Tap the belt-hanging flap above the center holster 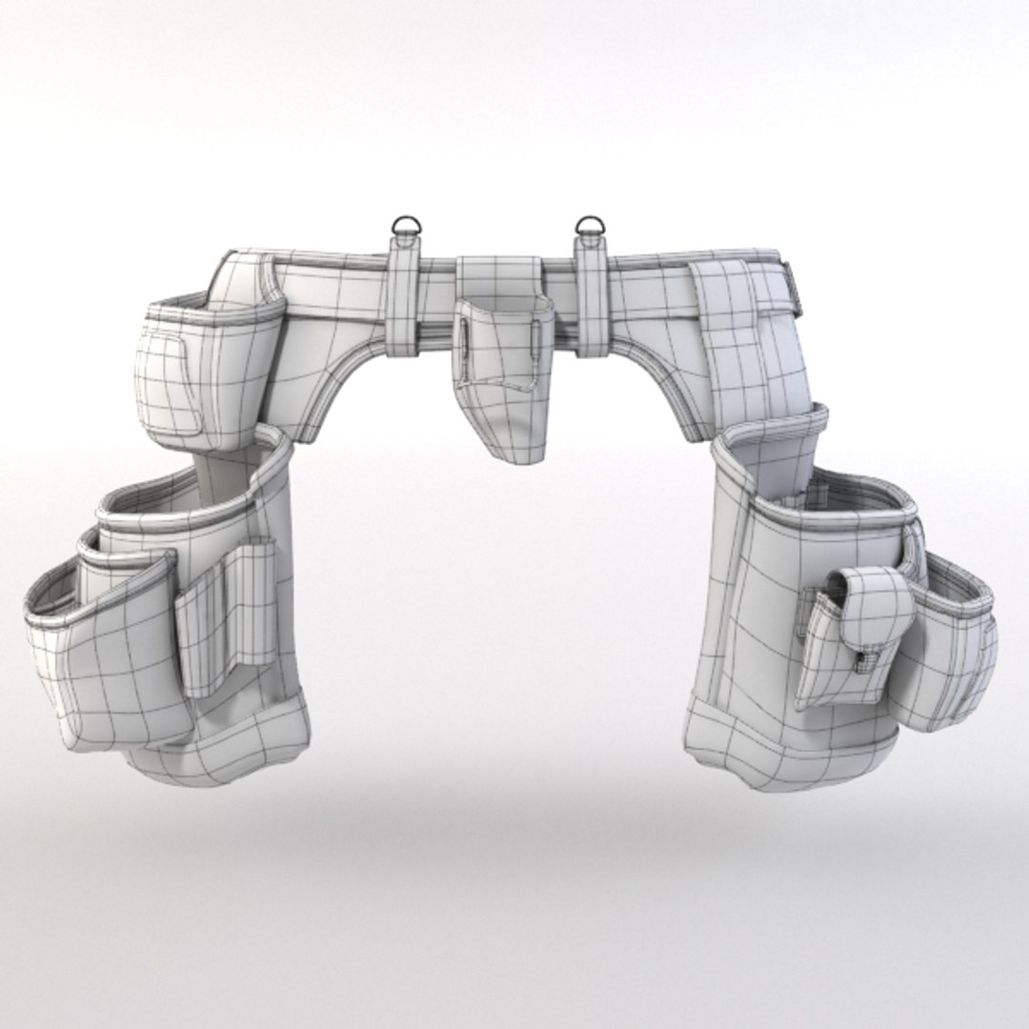coord(497,276)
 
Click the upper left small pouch coord(205,372)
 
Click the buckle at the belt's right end coord(786,282)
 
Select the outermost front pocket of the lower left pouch coord(105,667)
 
